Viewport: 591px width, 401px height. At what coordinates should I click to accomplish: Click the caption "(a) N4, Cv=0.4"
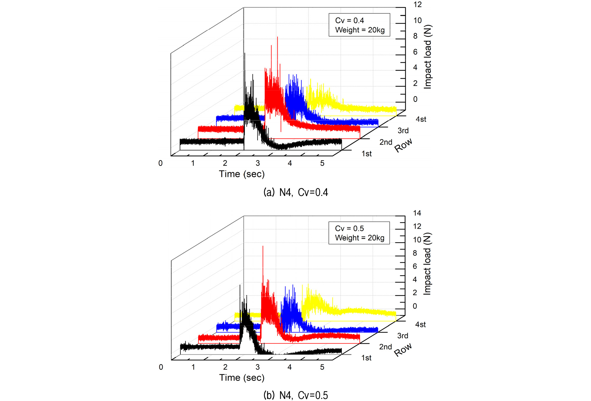(295, 192)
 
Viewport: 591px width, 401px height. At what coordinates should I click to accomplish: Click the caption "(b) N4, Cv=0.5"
(295, 395)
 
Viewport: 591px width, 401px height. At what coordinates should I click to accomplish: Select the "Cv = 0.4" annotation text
(349, 20)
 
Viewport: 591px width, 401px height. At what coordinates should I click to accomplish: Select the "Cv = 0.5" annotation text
(349, 228)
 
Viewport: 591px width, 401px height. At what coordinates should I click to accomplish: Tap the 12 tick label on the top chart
(417, 4)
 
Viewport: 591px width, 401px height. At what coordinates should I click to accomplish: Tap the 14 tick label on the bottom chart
(417, 213)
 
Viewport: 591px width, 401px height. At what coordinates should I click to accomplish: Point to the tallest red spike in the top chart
(277, 37)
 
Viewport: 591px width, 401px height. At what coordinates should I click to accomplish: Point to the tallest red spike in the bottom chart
(263, 247)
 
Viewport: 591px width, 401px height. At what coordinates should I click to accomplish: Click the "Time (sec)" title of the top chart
(242, 174)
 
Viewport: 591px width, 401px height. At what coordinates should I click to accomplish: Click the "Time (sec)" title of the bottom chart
(242, 378)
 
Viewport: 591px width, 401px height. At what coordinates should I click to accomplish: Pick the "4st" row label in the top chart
(421, 119)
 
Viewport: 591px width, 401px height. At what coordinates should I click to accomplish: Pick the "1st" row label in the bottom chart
(366, 358)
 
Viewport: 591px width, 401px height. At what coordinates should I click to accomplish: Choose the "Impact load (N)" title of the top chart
(427, 57)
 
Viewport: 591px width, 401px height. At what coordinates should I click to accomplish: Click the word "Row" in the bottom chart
(403, 350)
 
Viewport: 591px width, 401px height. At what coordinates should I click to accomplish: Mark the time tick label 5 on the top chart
(322, 163)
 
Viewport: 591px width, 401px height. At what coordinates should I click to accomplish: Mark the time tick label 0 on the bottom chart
(161, 367)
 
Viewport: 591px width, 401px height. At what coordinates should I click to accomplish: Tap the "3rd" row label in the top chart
(403, 131)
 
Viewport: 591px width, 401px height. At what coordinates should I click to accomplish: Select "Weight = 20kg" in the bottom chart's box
(360, 238)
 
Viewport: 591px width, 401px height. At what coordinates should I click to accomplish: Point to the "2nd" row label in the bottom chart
(386, 347)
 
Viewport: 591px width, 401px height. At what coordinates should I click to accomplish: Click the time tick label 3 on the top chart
(258, 163)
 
